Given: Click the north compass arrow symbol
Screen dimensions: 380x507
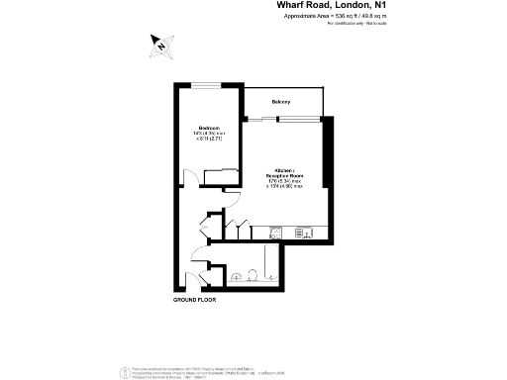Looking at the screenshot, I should coord(159,43).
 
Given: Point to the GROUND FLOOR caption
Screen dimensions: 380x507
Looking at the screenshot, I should coord(194,298).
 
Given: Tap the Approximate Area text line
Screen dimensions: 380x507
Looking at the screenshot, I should coord(342,16).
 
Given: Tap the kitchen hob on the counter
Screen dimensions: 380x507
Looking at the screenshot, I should coord(302,234).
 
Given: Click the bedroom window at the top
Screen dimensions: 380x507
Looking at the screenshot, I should coord(207,86).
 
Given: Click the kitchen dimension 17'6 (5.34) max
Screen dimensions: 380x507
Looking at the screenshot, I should coord(288,181).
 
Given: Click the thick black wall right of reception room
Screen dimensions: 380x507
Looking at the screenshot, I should coord(332,178).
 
